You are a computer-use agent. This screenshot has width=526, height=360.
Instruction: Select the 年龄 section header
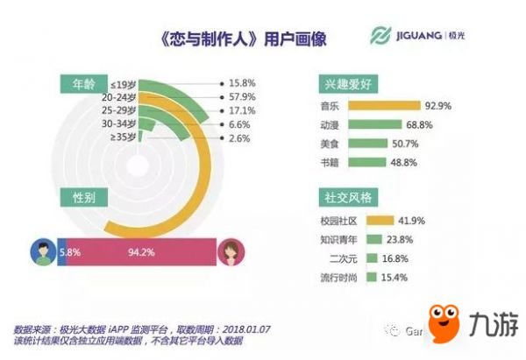[x=82, y=84]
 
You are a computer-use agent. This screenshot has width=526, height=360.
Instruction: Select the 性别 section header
[x=82, y=199]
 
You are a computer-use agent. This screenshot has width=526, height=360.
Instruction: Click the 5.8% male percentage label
[x=71, y=253]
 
